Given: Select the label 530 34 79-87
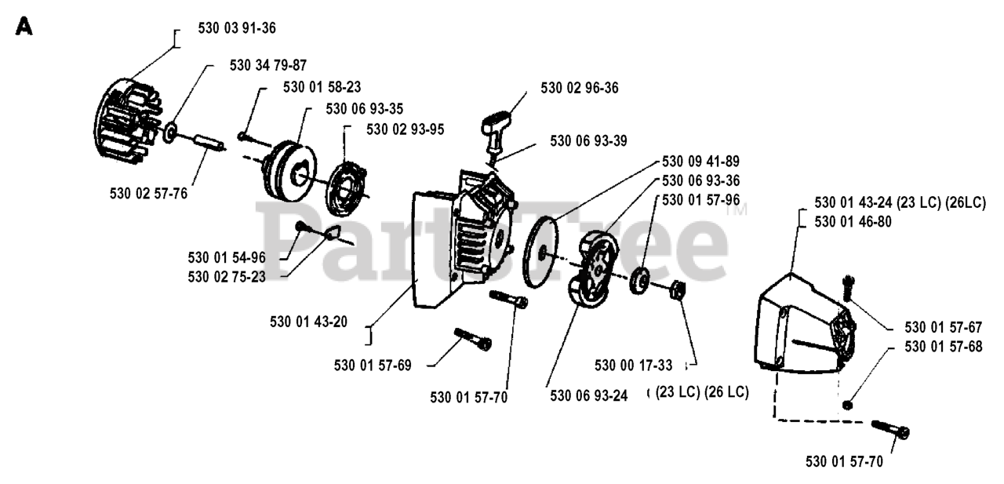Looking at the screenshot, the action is click(x=268, y=65).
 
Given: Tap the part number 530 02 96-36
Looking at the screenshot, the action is click(x=579, y=88).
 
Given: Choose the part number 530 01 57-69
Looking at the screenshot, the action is click(x=373, y=366).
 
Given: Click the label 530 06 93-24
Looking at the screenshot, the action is click(x=588, y=396).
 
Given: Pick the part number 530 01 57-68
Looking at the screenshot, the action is click(x=944, y=346).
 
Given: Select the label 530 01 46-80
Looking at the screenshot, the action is click(x=853, y=222).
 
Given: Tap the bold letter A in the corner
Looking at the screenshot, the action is click(x=24, y=28).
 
